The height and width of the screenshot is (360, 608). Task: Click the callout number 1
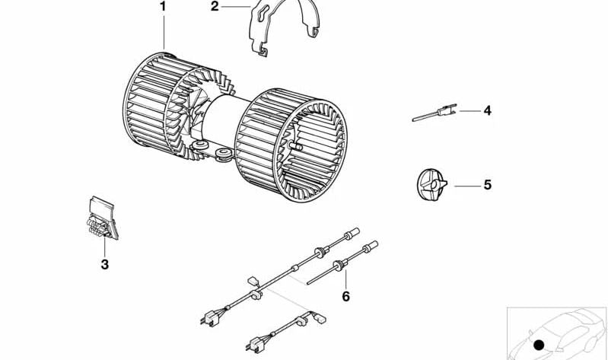click(163, 7)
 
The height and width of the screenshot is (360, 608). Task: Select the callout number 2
click(215, 7)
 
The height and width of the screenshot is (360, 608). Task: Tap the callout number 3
click(105, 265)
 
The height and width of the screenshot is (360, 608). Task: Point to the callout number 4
click(488, 111)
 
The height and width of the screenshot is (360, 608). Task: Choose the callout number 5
click(488, 185)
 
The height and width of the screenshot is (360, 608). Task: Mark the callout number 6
click(346, 296)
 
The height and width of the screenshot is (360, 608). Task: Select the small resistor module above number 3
click(103, 218)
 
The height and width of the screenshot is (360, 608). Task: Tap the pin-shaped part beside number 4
click(435, 113)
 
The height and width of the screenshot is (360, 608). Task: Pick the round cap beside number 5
click(431, 185)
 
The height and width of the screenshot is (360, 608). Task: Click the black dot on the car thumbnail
click(539, 345)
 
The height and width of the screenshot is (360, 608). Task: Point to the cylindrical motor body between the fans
click(225, 121)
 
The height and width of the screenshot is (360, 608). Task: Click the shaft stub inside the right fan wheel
click(296, 146)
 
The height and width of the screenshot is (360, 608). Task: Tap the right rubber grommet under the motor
click(224, 153)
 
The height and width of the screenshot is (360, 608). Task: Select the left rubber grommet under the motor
click(200, 146)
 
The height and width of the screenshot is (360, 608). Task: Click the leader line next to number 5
click(467, 186)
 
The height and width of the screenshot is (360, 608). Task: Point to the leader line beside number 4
click(470, 111)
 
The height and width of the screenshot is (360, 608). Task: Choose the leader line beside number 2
click(235, 7)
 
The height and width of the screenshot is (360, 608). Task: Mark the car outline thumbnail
click(557, 333)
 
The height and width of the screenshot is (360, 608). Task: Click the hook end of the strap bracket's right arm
click(314, 33)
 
